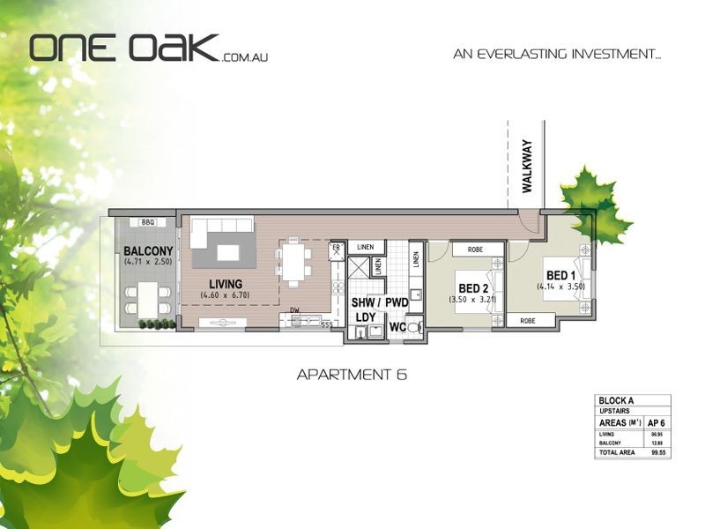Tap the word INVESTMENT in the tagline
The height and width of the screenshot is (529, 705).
tap(612, 54)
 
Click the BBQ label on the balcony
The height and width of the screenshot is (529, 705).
tap(147, 222)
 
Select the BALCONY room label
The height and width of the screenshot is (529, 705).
tap(147, 250)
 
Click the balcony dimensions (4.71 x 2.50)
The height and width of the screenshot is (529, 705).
tap(147, 262)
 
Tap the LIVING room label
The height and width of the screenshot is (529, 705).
tap(225, 283)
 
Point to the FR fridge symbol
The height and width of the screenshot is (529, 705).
tap(336, 250)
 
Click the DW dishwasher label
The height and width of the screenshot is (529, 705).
tap(295, 310)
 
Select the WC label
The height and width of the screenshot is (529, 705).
tap(398, 327)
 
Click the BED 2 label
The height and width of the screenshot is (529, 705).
tap(473, 287)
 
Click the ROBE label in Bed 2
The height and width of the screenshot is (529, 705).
tap(475, 250)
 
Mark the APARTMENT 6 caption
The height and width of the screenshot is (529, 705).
tap(352, 375)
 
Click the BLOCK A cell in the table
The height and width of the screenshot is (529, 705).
tap(615, 400)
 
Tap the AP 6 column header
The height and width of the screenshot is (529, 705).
tap(656, 422)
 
